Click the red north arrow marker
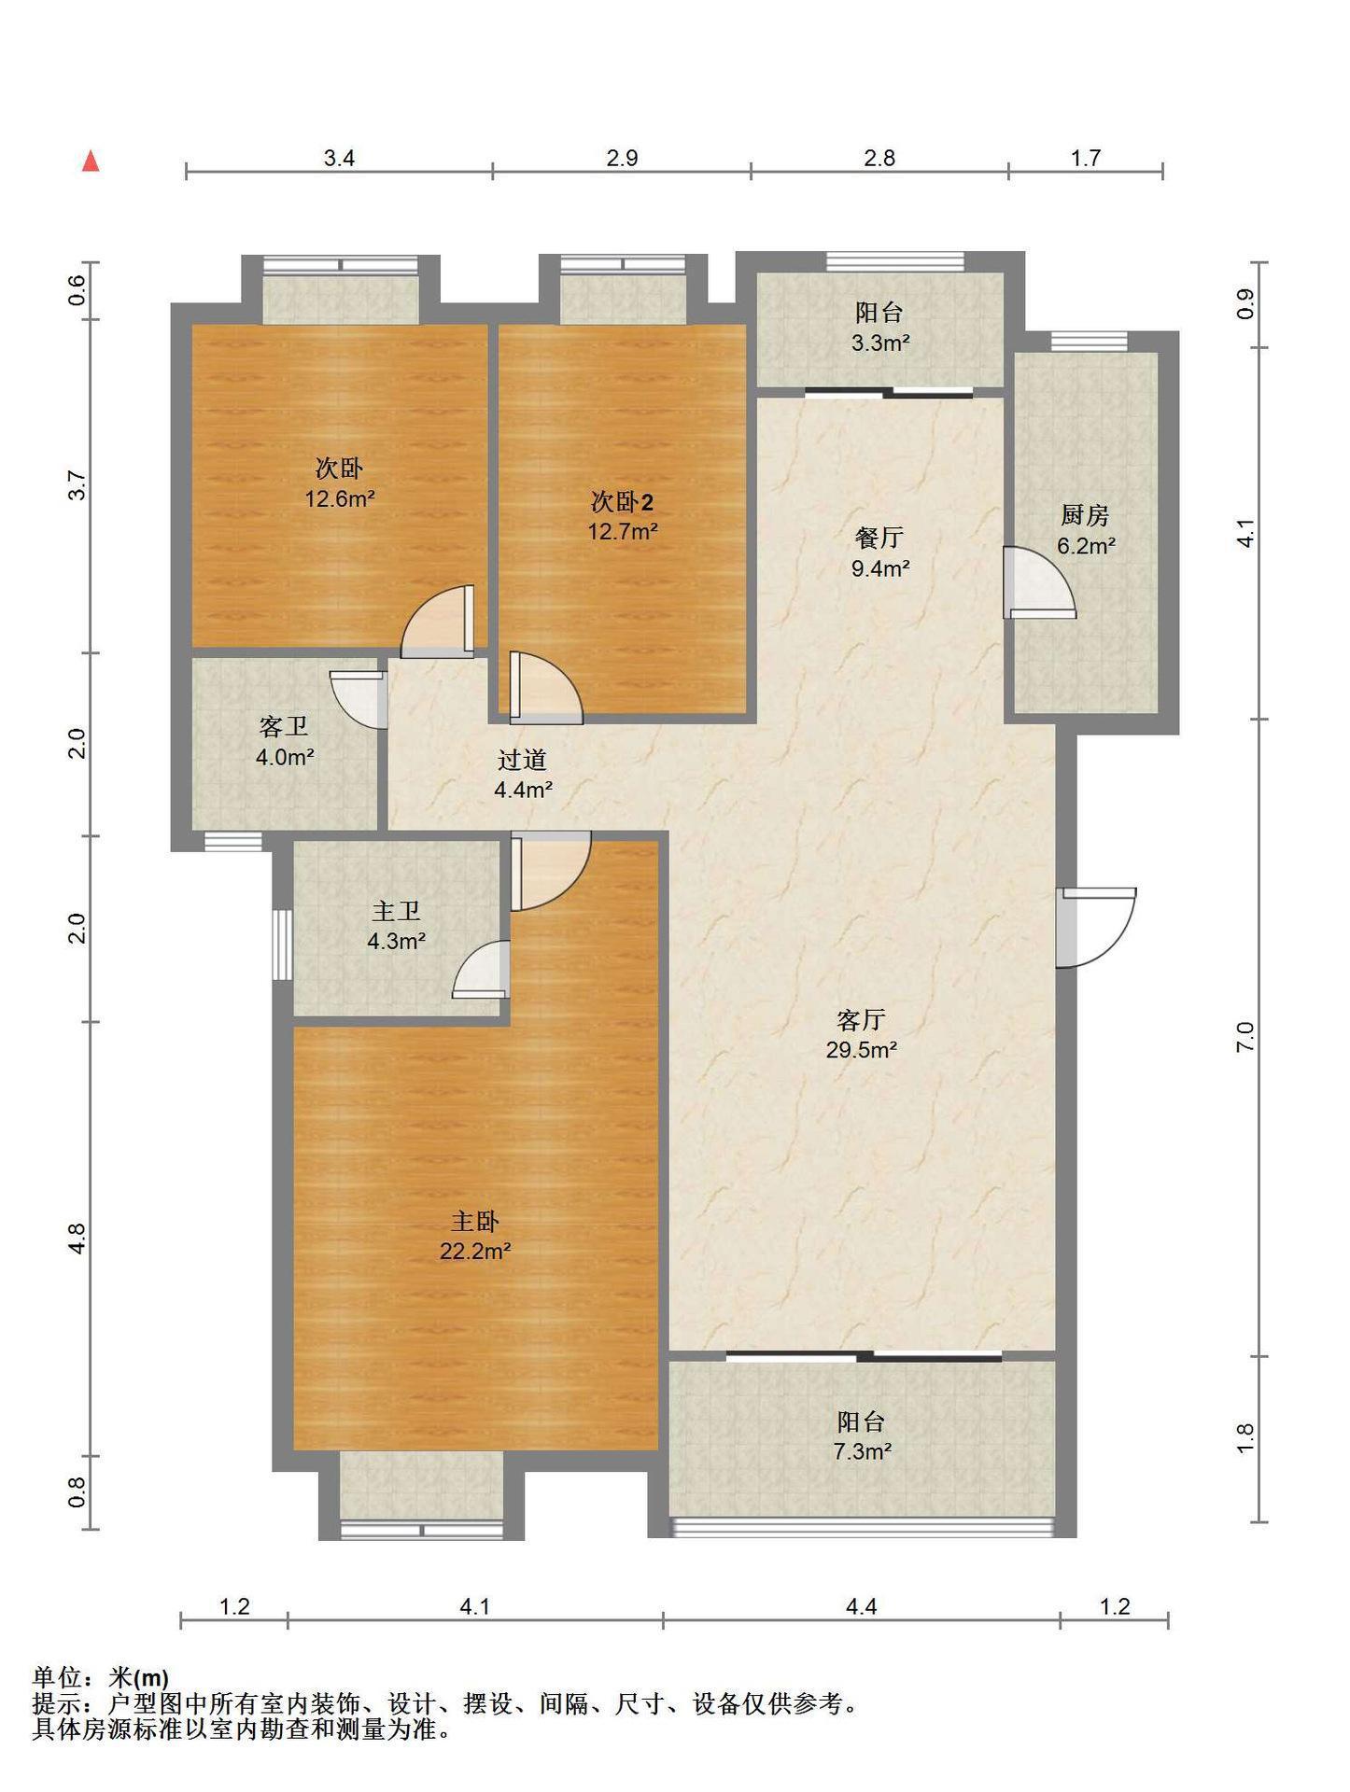point(91,161)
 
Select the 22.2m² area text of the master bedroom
point(475,1252)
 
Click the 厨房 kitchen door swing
point(1038,583)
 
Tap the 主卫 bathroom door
point(482,970)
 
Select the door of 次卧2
point(545,688)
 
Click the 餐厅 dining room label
point(879,538)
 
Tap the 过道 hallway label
point(522,760)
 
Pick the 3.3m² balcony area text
point(879,343)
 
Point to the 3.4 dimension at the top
point(339,158)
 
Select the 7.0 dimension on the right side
point(1245,1037)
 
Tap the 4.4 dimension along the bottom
point(861,1606)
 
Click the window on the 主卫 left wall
point(282,945)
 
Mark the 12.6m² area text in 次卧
point(340,498)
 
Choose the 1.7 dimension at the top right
point(1085,158)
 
